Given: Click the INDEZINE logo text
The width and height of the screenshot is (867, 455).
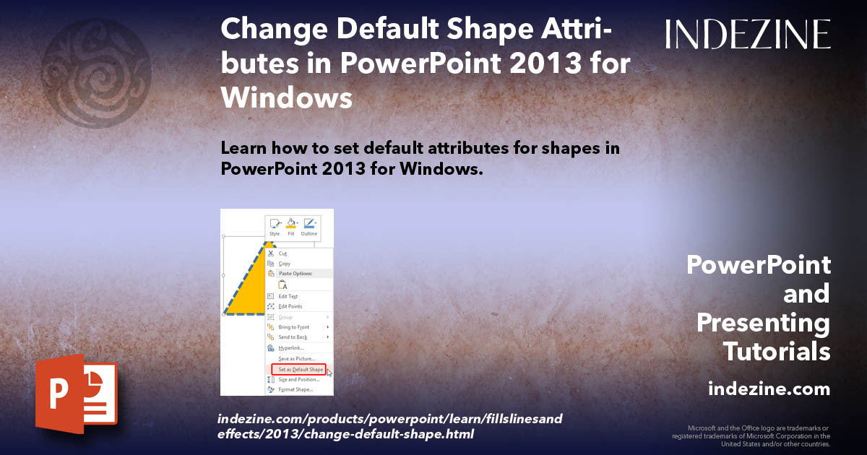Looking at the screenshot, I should (748, 34).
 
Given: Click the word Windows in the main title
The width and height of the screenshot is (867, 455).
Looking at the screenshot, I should (287, 97).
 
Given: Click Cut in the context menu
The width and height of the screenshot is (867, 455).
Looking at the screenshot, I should (282, 253).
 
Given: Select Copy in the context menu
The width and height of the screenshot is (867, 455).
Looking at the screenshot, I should (284, 264).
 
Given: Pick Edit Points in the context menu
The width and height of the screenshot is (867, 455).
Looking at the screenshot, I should (290, 306).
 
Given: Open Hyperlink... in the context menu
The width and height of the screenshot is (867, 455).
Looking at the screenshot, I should (290, 348).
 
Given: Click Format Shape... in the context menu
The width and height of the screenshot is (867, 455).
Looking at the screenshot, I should (295, 389).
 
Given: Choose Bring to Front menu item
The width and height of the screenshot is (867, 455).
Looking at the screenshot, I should (293, 327).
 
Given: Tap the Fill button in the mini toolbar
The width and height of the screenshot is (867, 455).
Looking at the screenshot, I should (291, 227).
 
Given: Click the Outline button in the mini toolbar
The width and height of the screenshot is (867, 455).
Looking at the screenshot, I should (309, 227).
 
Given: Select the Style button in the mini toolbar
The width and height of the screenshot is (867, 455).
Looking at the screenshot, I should (275, 227).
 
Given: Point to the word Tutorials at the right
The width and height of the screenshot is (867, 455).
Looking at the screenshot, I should (777, 351).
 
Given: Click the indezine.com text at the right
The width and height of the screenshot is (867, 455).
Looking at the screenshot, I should (769, 389).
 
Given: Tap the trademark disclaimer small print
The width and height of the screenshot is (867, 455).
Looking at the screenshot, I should (751, 435).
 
